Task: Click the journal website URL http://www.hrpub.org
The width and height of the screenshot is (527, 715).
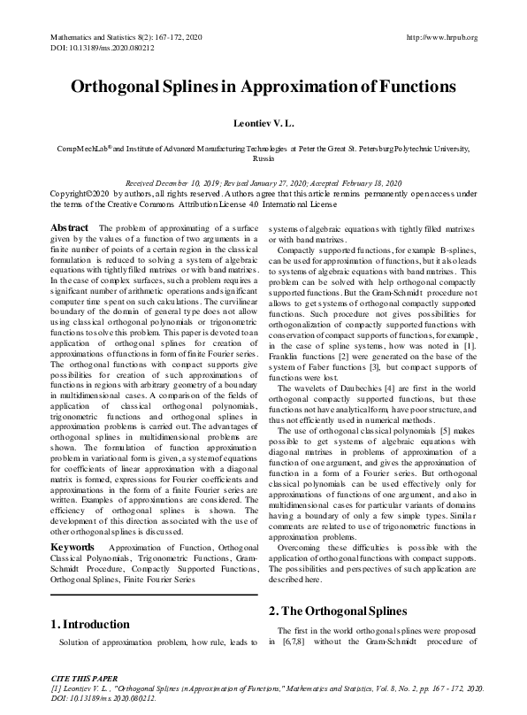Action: point(441,37)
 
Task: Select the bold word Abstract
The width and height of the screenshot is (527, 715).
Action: point(69,228)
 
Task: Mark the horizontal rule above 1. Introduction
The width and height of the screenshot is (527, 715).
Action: point(155,595)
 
